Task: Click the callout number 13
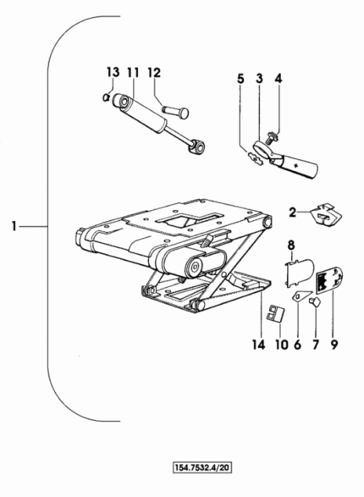coord(113,73)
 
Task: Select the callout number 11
coord(133,73)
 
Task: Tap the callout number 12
coord(154,73)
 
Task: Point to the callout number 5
coord(240,79)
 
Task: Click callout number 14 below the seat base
coord(258,345)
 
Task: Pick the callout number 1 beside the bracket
coord(14,227)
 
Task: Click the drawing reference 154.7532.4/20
coord(202,467)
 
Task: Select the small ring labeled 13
coord(107,97)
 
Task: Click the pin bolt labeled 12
coord(175,112)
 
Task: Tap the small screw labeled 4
coord(272,137)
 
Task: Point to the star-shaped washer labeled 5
coord(256,157)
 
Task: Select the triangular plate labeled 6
coord(301,296)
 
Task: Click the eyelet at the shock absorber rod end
coord(197,146)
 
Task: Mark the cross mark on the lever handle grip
coord(296,165)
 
